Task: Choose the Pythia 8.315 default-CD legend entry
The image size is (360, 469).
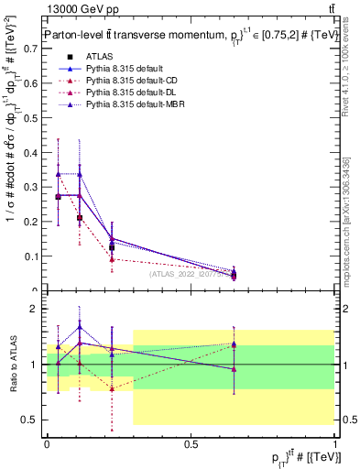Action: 129,82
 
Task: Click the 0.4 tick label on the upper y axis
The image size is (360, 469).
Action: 34,152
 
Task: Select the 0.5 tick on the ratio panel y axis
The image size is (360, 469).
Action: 34,420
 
